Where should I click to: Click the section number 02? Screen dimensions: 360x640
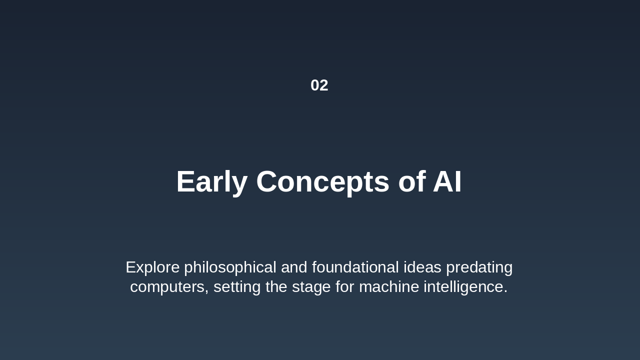(x=319, y=85)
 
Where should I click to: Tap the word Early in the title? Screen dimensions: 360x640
(x=211, y=181)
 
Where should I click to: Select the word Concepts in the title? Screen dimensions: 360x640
(x=322, y=181)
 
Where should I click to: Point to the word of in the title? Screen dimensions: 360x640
(x=411, y=181)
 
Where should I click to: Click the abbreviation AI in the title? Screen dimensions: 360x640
(x=447, y=181)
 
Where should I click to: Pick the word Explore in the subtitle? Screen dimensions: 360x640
(x=152, y=267)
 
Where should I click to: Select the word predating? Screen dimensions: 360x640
(x=479, y=267)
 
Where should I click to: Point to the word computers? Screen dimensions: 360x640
(x=168, y=287)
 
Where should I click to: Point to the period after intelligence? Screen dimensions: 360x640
(x=505, y=291)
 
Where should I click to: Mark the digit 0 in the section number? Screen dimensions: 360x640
(x=315, y=85)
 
